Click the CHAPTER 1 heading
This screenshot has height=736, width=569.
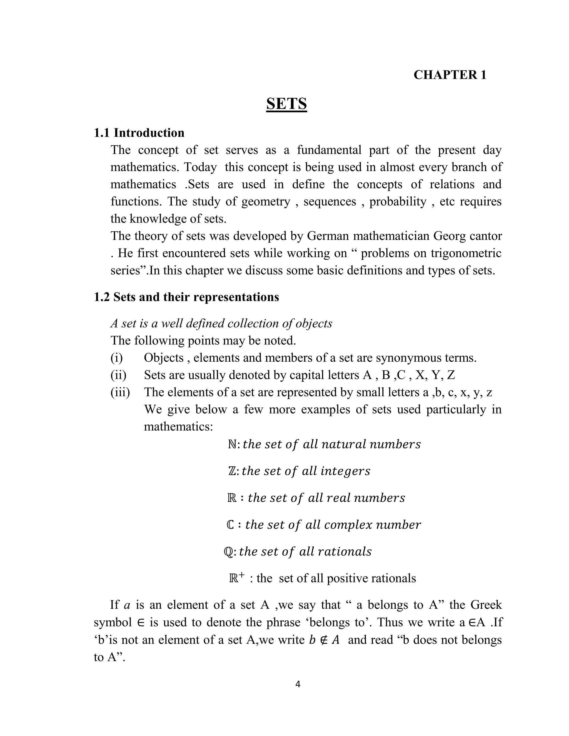[x=450, y=75]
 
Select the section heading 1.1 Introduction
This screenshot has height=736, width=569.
[x=139, y=133]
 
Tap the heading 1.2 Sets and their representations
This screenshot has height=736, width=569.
[x=186, y=297]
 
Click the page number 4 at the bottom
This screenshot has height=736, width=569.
[x=298, y=684]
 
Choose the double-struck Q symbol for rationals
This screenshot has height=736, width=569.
[x=228, y=552]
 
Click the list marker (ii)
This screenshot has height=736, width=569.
[x=118, y=375]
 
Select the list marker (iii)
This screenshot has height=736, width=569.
[x=120, y=392]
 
